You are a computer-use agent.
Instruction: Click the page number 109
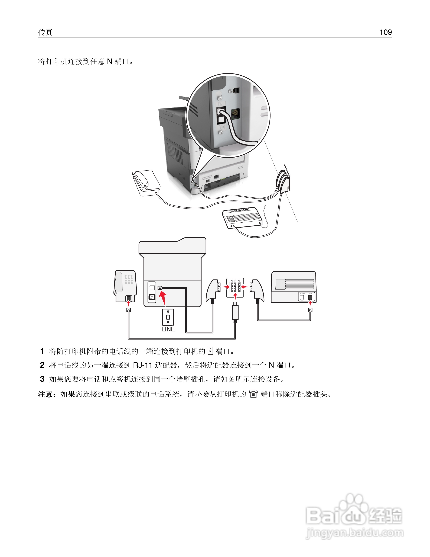385,32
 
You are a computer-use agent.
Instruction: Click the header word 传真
45,32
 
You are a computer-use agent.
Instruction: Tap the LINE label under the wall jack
168,329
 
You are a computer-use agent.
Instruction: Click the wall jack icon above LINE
168,317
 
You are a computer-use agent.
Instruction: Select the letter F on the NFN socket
235,281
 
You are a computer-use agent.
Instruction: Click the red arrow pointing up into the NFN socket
235,296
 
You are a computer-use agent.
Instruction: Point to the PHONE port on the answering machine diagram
302,297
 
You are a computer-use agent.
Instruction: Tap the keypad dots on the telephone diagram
129,279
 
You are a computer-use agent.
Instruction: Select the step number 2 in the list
42,365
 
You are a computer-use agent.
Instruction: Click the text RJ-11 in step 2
142,365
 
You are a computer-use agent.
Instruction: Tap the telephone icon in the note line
253,394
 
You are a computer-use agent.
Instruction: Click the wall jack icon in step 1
210,351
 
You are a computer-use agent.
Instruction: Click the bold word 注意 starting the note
46,394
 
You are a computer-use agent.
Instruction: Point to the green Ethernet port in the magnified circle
235,113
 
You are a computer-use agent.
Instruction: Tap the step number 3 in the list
42,379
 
